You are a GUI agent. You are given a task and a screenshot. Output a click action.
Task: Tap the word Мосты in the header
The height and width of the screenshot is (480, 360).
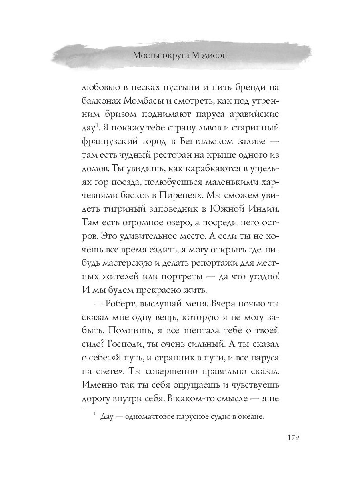(145, 55)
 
